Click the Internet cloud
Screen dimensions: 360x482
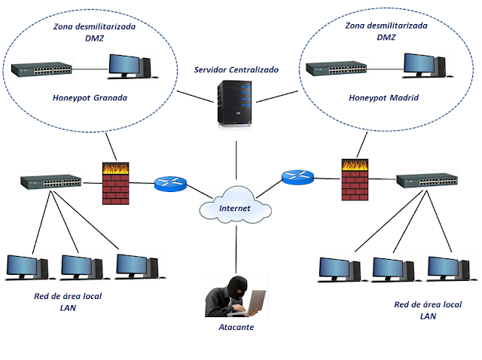[235, 206]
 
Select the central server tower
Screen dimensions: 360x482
[232, 103]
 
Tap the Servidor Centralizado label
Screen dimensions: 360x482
[236, 69]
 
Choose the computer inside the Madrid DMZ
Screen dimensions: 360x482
[423, 66]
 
